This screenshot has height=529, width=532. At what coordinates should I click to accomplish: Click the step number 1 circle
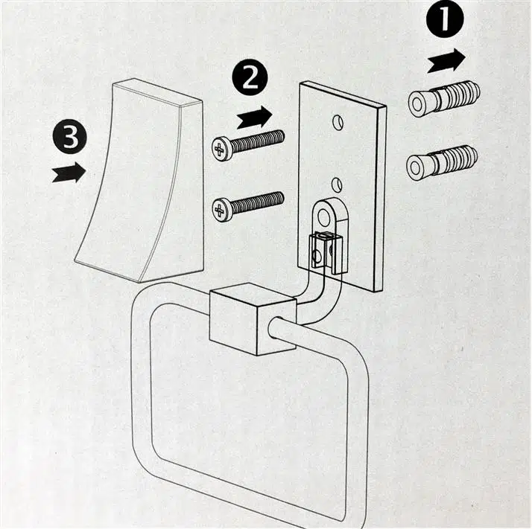(x=445, y=21)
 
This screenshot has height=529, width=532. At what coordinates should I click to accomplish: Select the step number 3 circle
(x=69, y=139)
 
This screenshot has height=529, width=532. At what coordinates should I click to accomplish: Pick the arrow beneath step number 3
(x=69, y=173)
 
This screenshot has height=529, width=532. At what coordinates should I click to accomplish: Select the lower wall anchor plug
(x=443, y=161)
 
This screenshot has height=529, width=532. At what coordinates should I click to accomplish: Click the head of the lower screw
(x=221, y=209)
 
